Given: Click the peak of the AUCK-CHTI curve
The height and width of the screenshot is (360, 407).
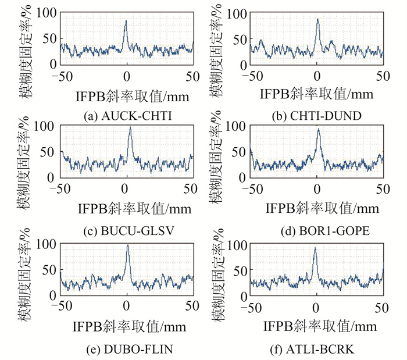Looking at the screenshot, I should point(126,21).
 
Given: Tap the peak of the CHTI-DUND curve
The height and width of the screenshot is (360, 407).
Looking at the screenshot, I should point(318,19).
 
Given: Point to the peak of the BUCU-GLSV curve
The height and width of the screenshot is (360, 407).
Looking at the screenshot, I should point(130,128).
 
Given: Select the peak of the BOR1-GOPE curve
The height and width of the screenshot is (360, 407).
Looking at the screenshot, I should point(319,129).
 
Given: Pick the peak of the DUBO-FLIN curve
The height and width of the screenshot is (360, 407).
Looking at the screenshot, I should point(128,245).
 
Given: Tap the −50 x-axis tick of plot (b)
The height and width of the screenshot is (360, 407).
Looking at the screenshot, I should point(251,76).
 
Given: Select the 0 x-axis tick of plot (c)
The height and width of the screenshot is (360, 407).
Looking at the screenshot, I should point(125,188).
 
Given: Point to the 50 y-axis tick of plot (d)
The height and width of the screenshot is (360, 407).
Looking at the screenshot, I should point(237,152).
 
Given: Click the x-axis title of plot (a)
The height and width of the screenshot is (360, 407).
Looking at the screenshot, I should point(125,94).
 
